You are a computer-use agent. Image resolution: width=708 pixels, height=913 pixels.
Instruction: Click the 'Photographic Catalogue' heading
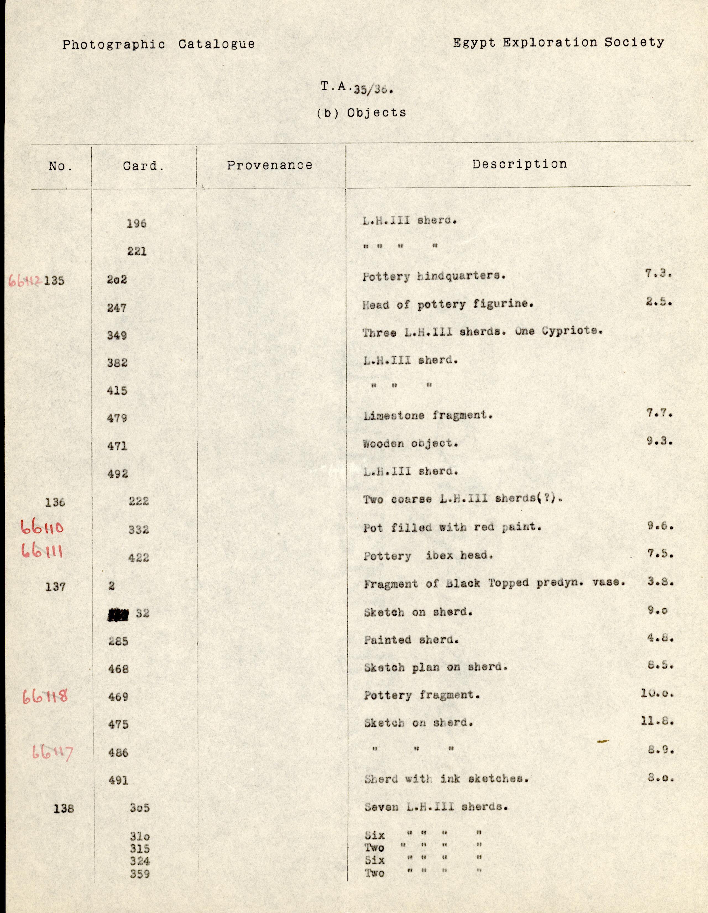point(158,44)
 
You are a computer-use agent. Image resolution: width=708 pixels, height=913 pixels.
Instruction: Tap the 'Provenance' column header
point(270,166)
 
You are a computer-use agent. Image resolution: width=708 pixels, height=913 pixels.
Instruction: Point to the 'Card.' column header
point(143,166)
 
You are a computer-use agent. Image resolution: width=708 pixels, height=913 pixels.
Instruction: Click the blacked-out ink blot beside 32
point(118,614)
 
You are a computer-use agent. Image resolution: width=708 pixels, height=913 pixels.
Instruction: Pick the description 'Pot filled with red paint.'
point(453,528)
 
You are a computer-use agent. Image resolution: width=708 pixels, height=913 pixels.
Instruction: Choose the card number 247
point(117,308)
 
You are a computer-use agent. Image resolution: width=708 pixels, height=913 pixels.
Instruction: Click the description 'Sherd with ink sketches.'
point(446,779)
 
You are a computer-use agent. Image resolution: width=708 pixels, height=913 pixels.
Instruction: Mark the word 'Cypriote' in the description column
point(572,331)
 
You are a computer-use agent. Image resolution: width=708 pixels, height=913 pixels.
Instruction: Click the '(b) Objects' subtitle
point(361,113)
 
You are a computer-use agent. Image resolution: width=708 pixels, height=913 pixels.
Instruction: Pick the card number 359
point(140,874)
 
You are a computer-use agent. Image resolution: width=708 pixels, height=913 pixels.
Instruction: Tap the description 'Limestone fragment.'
point(428,416)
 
